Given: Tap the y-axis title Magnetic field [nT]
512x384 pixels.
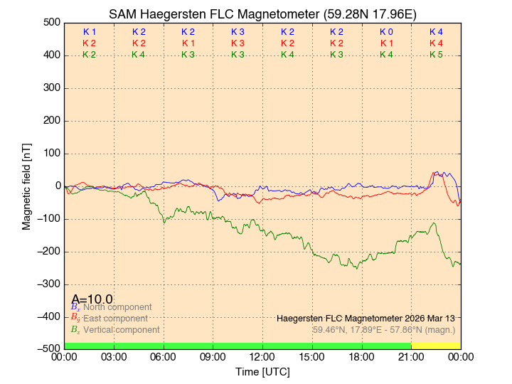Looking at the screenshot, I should click(26, 185).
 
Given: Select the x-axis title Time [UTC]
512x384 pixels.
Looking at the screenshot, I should click(262, 372).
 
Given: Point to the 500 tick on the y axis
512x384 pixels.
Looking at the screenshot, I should click(52, 22).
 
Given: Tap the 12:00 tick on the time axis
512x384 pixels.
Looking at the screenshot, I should click(262, 357).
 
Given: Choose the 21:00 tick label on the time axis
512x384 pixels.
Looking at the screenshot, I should click(411, 357).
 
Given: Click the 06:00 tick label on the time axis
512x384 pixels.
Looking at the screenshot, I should click(164, 357).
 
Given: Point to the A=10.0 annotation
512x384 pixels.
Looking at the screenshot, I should click(92, 299).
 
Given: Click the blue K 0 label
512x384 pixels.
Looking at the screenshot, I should click(386, 32).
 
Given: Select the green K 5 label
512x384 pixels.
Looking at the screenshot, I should click(436, 55).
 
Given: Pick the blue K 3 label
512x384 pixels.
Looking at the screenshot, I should click(238, 32).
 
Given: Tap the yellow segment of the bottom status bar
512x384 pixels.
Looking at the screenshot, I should click(436, 346).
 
